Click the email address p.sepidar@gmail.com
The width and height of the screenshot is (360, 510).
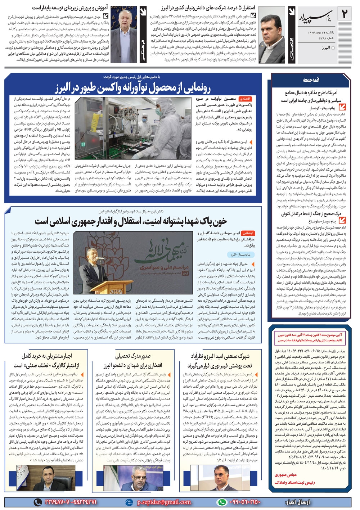coord(164,502)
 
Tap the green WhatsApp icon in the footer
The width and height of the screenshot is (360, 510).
coord(222,502)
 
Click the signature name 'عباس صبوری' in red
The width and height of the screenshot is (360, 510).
coord(285,475)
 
